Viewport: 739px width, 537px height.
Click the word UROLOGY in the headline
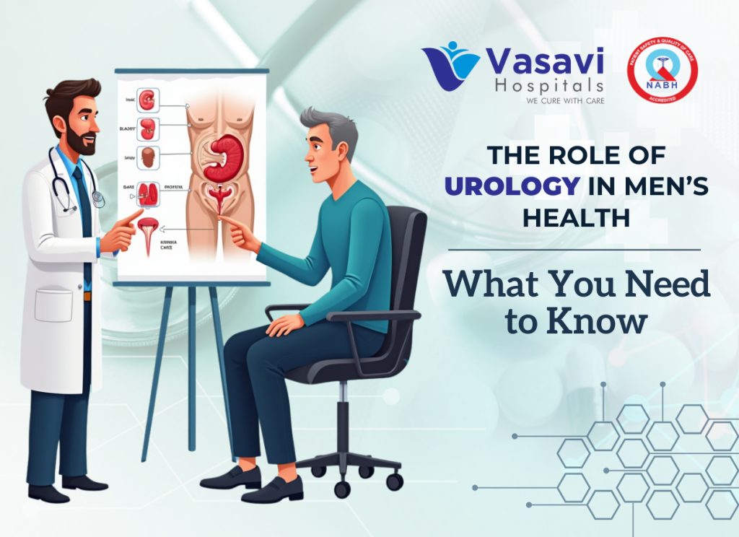(512, 186)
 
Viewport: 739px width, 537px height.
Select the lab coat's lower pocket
(54, 304)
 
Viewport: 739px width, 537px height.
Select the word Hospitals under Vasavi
(550, 85)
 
